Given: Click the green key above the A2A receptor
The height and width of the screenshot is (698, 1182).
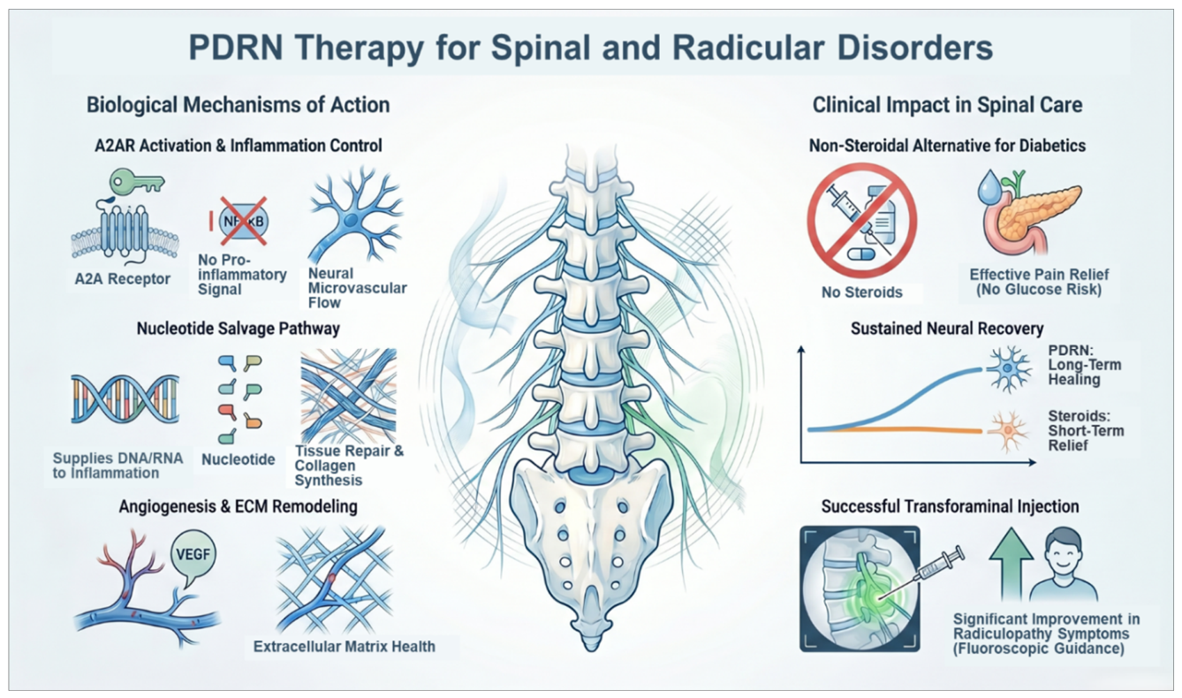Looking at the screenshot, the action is (x=137, y=183).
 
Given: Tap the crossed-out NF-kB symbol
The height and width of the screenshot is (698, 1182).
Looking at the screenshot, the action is (x=243, y=222).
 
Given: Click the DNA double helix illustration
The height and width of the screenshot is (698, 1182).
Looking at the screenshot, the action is (x=125, y=398).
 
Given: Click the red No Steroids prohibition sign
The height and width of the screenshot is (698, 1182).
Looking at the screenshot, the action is (x=861, y=221).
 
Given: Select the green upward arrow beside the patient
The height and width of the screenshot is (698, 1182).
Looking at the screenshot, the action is (x=1011, y=564).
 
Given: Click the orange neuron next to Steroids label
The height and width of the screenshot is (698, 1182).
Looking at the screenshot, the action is (x=1008, y=431).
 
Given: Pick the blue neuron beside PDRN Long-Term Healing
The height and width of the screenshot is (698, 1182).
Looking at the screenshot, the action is (x=1009, y=368).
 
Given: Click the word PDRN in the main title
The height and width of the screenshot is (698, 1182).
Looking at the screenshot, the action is (x=235, y=48).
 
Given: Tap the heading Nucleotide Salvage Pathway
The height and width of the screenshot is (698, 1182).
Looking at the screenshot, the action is (x=238, y=329).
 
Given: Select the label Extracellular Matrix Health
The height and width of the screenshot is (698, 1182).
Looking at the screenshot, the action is (x=344, y=647).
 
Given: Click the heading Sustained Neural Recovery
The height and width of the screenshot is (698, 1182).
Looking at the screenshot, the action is (x=947, y=329).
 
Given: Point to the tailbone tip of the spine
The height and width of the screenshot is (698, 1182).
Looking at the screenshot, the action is (x=591, y=645).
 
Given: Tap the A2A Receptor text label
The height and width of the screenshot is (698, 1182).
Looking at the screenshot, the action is (x=123, y=279).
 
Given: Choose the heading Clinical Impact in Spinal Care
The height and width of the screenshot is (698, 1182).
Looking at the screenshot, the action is (x=947, y=105).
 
